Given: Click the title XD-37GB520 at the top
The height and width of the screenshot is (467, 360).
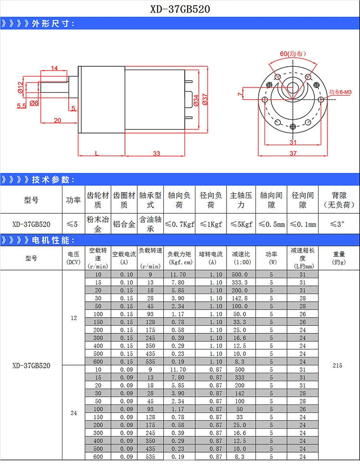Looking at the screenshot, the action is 180,9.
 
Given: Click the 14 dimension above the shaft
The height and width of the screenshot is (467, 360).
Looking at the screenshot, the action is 54,68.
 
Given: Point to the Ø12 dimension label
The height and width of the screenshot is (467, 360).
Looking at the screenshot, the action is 20,87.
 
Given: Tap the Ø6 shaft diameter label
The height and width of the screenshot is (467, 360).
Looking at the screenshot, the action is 34,103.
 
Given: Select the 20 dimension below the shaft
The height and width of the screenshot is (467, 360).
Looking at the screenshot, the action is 58,120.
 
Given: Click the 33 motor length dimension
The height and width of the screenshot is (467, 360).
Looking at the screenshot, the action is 156,153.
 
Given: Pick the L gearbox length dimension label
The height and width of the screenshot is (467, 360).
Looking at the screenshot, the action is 96,153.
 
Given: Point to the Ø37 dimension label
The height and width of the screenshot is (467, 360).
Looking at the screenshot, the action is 204,99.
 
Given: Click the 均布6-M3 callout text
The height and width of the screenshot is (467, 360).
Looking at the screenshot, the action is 340,92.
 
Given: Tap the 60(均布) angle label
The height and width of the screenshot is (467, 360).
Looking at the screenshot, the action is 293,54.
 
